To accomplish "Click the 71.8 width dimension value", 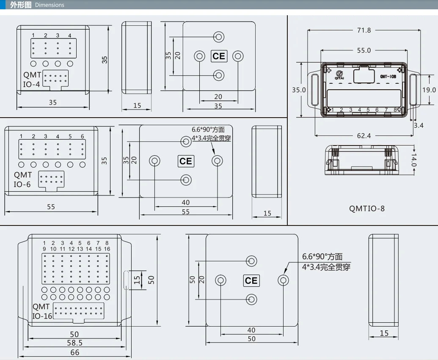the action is point(364,30).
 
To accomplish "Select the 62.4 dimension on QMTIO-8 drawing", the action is point(364,136).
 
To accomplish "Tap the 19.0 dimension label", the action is point(429,90).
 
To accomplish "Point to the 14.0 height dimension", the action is point(414,160).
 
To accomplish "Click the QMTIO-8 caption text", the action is point(367,209).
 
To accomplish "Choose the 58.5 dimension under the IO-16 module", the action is point(74,343).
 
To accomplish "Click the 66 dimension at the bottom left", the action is point(74,352).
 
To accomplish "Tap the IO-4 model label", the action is point(31,84).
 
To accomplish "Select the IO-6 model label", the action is point(22,184).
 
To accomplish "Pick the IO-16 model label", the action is point(42,316).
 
